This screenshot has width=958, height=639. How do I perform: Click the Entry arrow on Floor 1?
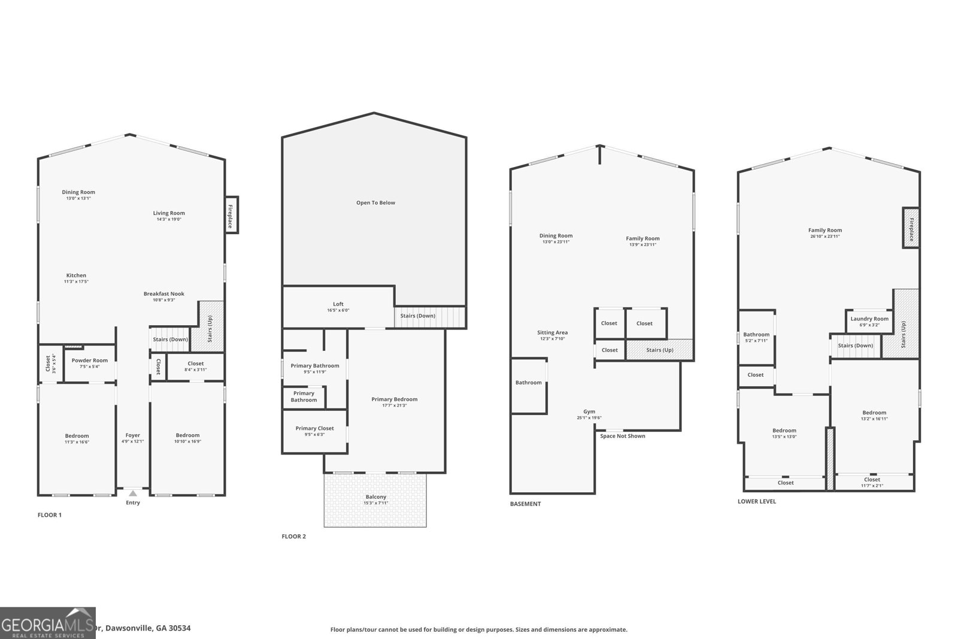pyautogui.click(x=133, y=493)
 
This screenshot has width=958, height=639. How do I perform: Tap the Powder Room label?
pyautogui.click(x=90, y=361)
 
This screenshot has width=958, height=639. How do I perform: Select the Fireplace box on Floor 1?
pyautogui.click(x=231, y=215)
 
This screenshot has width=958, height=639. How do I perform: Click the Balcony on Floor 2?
pyautogui.click(x=375, y=500)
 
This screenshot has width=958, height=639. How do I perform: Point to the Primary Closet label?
pyautogui.click(x=314, y=428)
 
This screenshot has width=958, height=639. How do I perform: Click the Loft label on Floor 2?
pyautogui.click(x=338, y=304)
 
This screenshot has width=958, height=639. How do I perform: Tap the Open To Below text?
pyautogui.click(x=375, y=203)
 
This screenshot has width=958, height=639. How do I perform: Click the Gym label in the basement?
pyautogui.click(x=589, y=412)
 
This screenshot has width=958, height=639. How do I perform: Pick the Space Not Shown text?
pyautogui.click(x=623, y=436)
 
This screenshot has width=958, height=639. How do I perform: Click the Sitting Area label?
pyautogui.click(x=552, y=332)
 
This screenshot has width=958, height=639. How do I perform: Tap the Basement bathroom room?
pyautogui.click(x=528, y=383)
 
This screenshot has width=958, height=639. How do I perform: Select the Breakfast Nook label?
pyautogui.click(x=163, y=294)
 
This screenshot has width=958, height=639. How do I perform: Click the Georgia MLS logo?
pyautogui.click(x=47, y=623)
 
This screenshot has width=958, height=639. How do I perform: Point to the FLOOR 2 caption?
pyautogui.click(x=293, y=537)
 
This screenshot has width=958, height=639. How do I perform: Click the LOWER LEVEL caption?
pyautogui.click(x=756, y=501)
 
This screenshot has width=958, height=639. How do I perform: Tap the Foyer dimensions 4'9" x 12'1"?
pyautogui.click(x=133, y=441)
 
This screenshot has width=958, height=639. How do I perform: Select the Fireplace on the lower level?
pyautogui.click(x=911, y=228)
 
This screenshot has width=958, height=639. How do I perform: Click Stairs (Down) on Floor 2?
pyautogui.click(x=417, y=316)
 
